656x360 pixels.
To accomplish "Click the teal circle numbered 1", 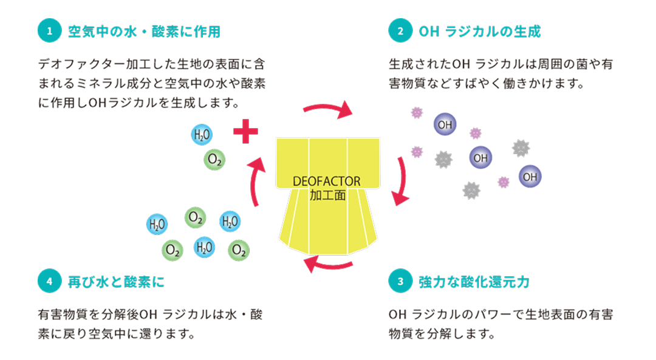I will tap(49, 32).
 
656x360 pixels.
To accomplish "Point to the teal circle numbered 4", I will tap(49, 282).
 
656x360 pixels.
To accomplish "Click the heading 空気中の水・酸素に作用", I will tap(144, 32).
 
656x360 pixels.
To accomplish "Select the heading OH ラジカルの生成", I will tap(480, 32).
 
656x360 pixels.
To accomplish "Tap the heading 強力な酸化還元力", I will tap(474, 282).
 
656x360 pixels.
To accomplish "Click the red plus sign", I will tap(246, 132).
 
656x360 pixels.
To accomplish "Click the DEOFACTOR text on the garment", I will tap(327, 182).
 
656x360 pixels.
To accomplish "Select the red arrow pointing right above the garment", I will tap(328, 110).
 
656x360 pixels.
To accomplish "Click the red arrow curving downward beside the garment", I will tap(401, 181).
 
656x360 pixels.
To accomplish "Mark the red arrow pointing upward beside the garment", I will tap(256, 182).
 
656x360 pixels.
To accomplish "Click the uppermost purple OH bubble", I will tap(445, 124).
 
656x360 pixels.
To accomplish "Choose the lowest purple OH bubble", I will tap(530, 177).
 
